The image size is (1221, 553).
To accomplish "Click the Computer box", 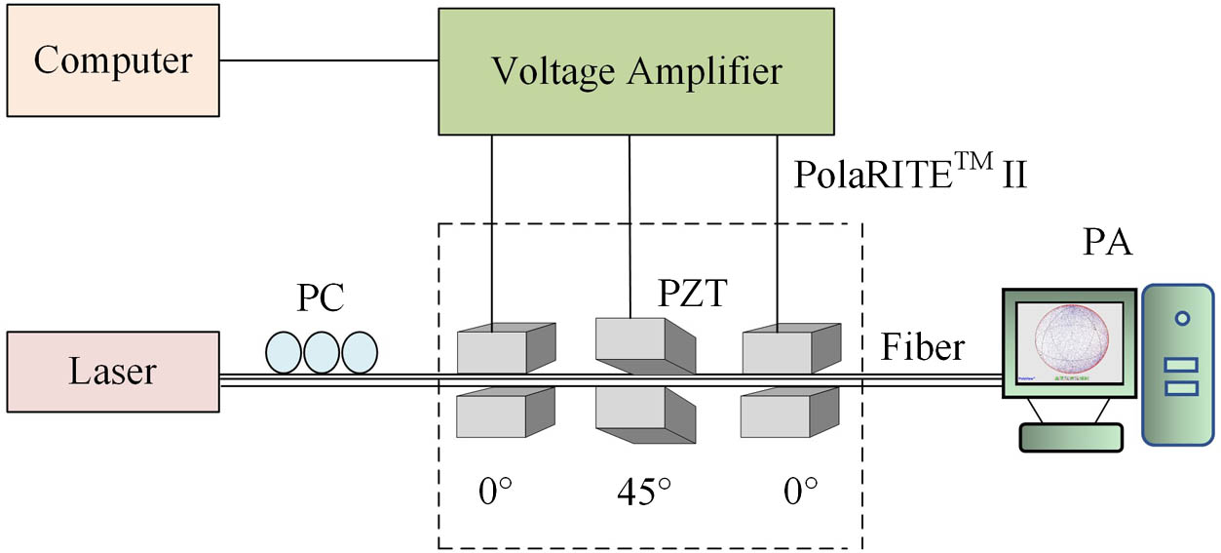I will click(112, 60).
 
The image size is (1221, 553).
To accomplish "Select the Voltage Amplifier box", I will click(636, 71).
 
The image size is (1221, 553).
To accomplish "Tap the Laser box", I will click(112, 372).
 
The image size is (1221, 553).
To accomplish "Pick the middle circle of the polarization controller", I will click(321, 352).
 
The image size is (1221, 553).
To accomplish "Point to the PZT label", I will click(690, 293).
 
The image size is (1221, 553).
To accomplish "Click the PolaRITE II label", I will click(910, 175).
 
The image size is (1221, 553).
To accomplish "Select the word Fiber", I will click(923, 346).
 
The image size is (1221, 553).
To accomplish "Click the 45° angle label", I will click(644, 490).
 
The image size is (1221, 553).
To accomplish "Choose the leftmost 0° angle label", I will click(495, 490).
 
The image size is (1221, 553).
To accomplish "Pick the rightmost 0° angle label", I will click(801, 490).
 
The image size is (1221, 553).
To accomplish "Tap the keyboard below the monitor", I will click(1069, 438).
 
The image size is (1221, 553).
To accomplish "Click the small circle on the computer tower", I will click(1181, 318).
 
